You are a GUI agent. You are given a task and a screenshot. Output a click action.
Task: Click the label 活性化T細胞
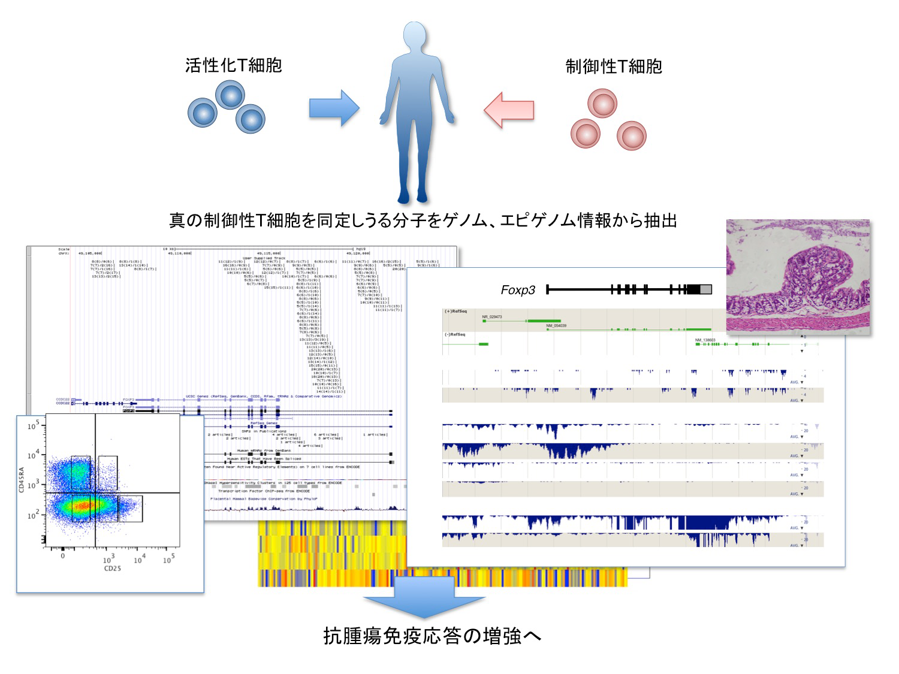click(x=233, y=65)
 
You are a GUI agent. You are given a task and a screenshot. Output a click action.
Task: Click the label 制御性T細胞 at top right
click(x=614, y=66)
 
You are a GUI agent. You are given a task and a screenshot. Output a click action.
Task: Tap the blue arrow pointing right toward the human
click(x=334, y=108)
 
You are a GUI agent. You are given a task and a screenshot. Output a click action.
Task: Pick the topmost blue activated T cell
click(x=230, y=95)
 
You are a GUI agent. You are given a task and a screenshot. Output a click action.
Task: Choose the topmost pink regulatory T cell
click(x=602, y=104)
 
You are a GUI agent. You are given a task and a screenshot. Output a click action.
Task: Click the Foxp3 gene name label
click(x=518, y=291)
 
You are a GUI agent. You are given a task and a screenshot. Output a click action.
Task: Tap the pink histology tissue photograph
click(x=798, y=277)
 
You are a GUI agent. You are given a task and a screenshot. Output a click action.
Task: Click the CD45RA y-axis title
click(x=22, y=480)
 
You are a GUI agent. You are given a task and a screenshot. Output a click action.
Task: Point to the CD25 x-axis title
click(x=113, y=568)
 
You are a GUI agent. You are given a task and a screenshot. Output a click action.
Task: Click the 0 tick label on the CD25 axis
click(x=63, y=557)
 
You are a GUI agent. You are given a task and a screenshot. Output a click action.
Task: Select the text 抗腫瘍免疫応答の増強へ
click(x=432, y=636)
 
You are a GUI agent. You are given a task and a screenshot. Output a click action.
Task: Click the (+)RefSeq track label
click(x=455, y=312)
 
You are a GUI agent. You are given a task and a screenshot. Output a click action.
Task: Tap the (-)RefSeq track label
click(x=455, y=334)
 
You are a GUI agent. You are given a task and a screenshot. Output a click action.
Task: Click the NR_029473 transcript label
click(x=492, y=316)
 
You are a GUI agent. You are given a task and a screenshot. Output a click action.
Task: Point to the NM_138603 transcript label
click(x=705, y=340)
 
